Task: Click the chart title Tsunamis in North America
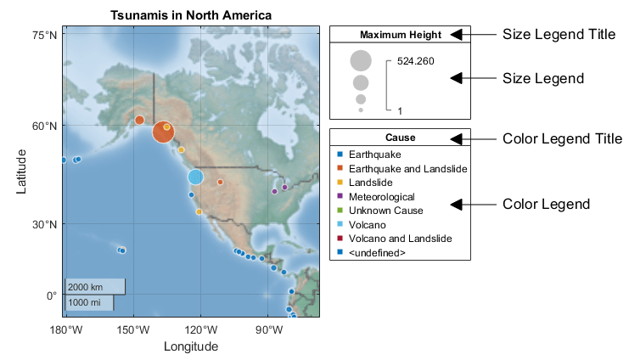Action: pyautogui.click(x=191, y=15)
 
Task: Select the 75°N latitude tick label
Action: pyautogui.click(x=44, y=35)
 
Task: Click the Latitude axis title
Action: pyautogui.click(x=22, y=173)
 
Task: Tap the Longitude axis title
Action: pyautogui.click(x=191, y=346)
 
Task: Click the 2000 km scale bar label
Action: pyautogui.click(x=86, y=287)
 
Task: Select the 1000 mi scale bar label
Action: pyautogui.click(x=84, y=302)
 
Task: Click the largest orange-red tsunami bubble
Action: pyautogui.click(x=163, y=132)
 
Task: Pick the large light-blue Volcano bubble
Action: pyautogui.click(x=195, y=177)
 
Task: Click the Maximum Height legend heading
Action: pyautogui.click(x=400, y=35)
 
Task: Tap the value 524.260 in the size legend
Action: pyautogui.click(x=415, y=61)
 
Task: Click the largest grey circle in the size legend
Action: pyautogui.click(x=361, y=61)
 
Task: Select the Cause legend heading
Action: pyautogui.click(x=400, y=138)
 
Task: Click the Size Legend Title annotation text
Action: pyautogui.click(x=559, y=35)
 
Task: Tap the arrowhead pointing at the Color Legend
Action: pyautogui.click(x=456, y=204)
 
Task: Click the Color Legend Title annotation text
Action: pyautogui.click(x=562, y=138)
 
